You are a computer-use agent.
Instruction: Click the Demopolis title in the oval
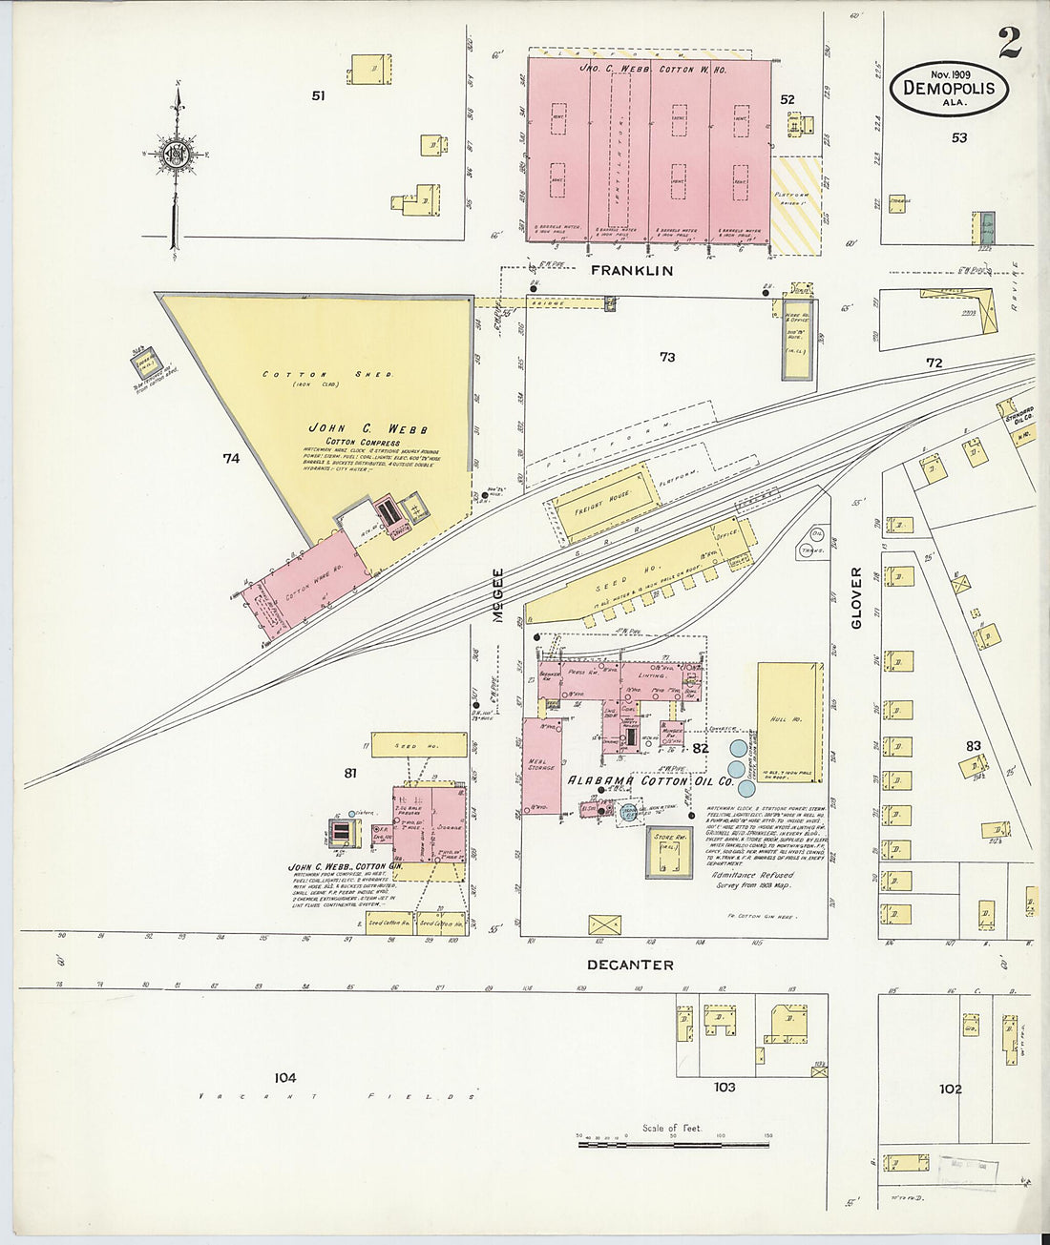tap(949, 89)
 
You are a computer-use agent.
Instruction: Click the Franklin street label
tap(631, 271)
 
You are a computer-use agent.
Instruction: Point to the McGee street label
tap(497, 596)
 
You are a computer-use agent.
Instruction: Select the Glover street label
tap(855, 598)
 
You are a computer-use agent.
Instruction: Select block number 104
tap(284, 1078)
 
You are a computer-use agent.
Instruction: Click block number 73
tap(666, 357)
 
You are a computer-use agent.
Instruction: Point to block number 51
tap(318, 95)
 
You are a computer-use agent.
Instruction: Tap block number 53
tap(958, 137)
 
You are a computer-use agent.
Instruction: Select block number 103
tap(724, 1087)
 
